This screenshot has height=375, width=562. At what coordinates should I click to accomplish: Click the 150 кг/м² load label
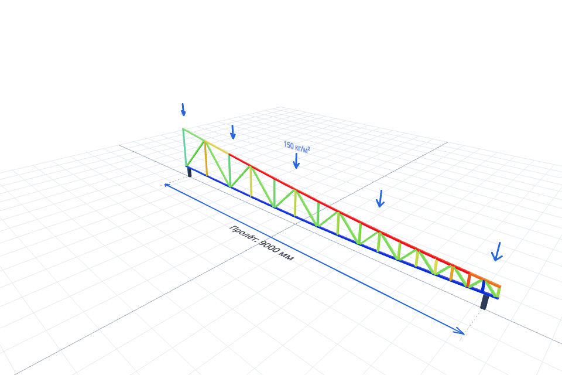297,146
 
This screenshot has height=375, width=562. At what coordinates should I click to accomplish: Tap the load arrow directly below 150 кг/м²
296,161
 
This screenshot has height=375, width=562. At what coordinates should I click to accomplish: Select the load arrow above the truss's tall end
183,110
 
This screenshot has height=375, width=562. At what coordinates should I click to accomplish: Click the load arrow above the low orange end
497,251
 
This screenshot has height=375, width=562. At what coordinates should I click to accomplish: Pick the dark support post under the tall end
189,172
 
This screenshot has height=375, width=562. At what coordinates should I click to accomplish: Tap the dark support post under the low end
485,301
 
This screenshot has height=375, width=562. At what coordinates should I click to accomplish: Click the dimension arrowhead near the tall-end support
167,185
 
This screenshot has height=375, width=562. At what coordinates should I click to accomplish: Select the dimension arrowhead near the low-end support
459,331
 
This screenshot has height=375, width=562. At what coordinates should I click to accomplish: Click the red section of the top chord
349,217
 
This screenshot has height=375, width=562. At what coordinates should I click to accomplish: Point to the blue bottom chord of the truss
342,233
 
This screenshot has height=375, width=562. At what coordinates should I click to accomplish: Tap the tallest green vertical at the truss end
184,147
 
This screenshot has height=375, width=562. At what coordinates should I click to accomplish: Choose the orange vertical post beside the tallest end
205,158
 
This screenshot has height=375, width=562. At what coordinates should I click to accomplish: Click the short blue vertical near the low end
484,287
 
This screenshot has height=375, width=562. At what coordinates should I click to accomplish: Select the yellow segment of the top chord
217,147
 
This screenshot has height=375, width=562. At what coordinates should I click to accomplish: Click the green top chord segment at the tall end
194,134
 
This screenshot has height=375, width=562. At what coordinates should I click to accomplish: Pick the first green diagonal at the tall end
196,154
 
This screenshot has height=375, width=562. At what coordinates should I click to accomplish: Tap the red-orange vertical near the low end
468,280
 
